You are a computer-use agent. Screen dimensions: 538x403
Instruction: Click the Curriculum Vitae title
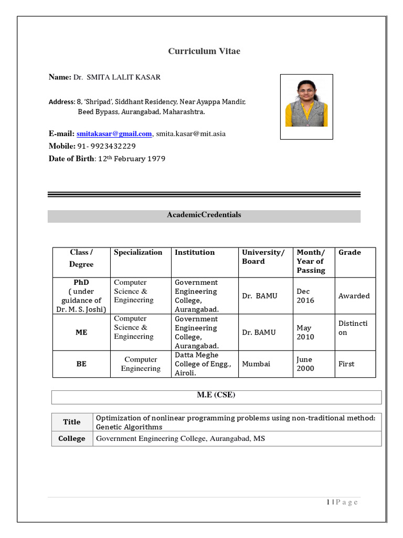click(204, 51)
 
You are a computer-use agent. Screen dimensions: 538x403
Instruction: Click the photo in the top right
click(306, 107)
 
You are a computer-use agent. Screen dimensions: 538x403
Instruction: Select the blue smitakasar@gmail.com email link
click(114, 133)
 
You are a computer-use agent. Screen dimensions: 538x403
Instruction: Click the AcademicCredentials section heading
click(204, 215)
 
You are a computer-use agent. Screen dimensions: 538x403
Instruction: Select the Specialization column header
click(138, 252)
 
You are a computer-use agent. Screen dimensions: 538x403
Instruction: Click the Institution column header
click(195, 252)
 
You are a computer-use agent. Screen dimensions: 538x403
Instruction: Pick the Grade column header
click(349, 252)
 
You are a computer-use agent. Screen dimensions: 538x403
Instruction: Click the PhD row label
click(81, 282)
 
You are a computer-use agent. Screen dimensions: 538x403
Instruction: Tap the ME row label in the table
click(81, 332)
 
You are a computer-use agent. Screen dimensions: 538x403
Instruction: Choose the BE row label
click(81, 364)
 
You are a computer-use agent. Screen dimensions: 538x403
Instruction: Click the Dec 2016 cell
click(305, 296)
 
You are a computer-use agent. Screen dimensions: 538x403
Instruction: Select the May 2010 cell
click(305, 332)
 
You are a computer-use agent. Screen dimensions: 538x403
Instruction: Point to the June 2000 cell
click(305, 364)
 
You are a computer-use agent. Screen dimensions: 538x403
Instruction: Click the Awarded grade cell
click(354, 296)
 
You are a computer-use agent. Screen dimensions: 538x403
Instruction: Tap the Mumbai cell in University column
click(256, 364)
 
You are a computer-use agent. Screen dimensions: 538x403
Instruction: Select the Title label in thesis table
click(72, 422)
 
